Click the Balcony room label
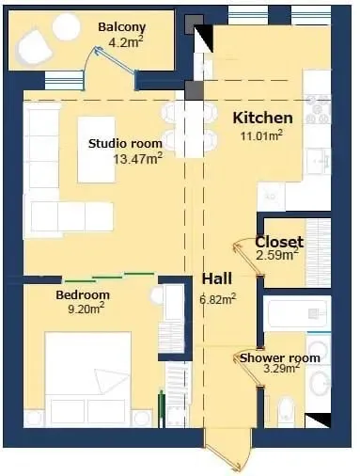tap(122, 27)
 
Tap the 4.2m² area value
tap(126, 41)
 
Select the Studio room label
tap(125, 144)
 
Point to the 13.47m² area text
tap(137, 159)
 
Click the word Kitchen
tap(263, 118)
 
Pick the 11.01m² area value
tap(261, 135)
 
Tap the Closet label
tap(279, 242)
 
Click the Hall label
tap(217, 278)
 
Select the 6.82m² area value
tap(218, 299)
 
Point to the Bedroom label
tap(83, 295)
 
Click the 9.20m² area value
tap(86, 309)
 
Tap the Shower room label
tap(280, 357)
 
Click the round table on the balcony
tap(67, 27)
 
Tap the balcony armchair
tap(34, 47)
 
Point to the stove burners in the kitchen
tap(319, 110)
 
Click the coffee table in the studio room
tap(97, 150)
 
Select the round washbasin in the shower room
tap(320, 384)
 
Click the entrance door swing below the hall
tap(227, 452)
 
